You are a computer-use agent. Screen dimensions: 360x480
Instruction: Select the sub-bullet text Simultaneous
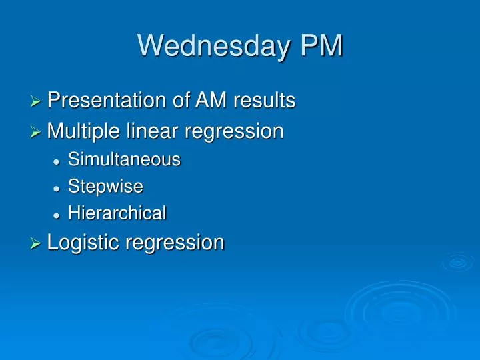click(x=124, y=160)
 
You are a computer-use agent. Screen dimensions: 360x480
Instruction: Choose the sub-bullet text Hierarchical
click(x=117, y=213)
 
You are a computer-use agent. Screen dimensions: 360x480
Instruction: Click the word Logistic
click(x=81, y=243)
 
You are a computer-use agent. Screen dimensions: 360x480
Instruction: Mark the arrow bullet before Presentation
click(x=37, y=102)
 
